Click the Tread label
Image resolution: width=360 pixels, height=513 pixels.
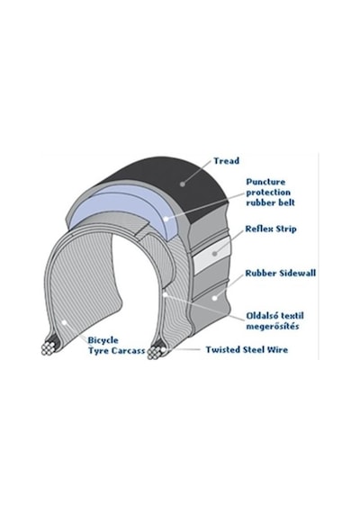227,161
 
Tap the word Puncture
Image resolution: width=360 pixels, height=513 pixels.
265,182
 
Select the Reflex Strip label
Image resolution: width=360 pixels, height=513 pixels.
271,229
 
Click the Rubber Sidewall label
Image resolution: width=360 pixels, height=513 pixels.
281,274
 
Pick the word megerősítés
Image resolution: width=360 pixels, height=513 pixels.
273,327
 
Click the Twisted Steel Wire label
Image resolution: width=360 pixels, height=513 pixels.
247,350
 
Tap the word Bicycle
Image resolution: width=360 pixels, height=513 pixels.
103,340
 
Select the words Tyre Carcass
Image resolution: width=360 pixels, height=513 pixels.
116,351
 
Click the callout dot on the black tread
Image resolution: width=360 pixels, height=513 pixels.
183,184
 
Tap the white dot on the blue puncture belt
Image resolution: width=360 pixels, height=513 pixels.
166,219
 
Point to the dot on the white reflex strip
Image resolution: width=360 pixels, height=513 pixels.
215,254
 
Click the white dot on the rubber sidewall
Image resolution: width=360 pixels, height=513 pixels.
215,298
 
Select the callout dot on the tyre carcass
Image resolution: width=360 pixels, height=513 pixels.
65,322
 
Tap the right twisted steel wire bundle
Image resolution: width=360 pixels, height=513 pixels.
156,352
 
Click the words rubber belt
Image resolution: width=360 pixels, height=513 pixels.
270,202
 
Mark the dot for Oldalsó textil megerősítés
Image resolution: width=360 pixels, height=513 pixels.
166,295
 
